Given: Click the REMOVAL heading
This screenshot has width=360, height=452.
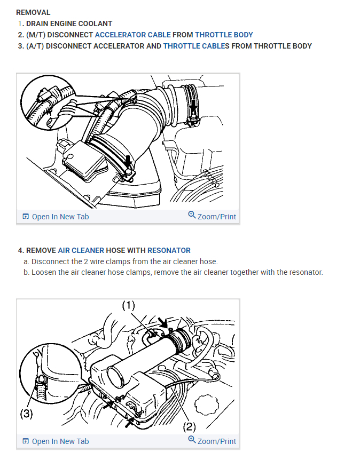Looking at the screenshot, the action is pyautogui.click(x=33, y=12).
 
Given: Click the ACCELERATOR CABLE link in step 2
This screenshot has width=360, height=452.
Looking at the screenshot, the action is pyautogui.click(x=133, y=35).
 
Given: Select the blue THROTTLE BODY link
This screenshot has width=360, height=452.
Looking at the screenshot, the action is pyautogui.click(x=224, y=35).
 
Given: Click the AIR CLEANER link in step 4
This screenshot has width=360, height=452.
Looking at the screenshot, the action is pyautogui.click(x=81, y=250).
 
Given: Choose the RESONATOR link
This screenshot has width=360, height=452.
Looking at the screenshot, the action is pyautogui.click(x=169, y=250).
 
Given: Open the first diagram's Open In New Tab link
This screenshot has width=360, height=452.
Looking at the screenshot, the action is pyautogui.click(x=56, y=217).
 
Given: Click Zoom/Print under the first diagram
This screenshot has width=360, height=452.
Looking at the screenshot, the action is pyautogui.click(x=212, y=216).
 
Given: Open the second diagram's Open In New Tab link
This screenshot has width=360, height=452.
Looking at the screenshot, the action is pyautogui.click(x=56, y=441).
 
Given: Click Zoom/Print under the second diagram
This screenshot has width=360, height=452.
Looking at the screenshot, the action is pyautogui.click(x=212, y=441).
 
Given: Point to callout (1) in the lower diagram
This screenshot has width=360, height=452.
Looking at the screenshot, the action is pyautogui.click(x=128, y=306).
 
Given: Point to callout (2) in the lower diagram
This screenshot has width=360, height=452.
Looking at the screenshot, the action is pyautogui.click(x=189, y=426).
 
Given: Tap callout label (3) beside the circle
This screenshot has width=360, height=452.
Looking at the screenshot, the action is pyautogui.click(x=26, y=414).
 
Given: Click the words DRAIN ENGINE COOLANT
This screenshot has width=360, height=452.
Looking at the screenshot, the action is pyautogui.click(x=69, y=23).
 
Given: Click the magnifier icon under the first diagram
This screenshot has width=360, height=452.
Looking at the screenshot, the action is pyautogui.click(x=192, y=215).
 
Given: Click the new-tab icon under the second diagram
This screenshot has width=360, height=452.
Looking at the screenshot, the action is pyautogui.click(x=26, y=441).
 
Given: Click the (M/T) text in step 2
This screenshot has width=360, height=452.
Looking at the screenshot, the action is pyautogui.click(x=36, y=35).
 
